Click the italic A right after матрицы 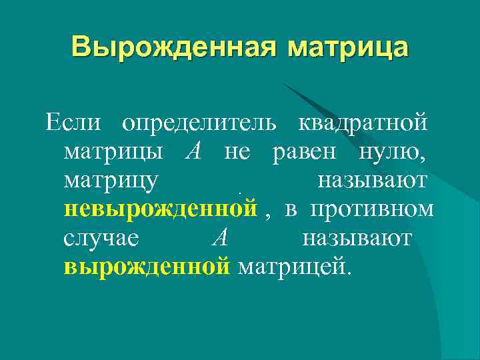point(193,152)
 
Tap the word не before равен point(237,153)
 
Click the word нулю point(390,153)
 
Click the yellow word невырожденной point(161,209)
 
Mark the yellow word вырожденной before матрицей point(147,267)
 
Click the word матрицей point(293,267)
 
